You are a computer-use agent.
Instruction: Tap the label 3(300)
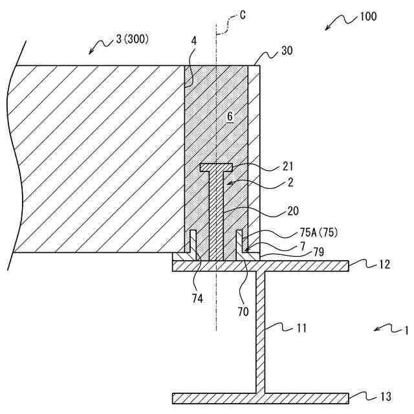coord(133,39)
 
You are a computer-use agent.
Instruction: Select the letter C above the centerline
coord(242,15)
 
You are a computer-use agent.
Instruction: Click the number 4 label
coord(193,41)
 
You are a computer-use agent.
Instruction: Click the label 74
coord(197,298)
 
